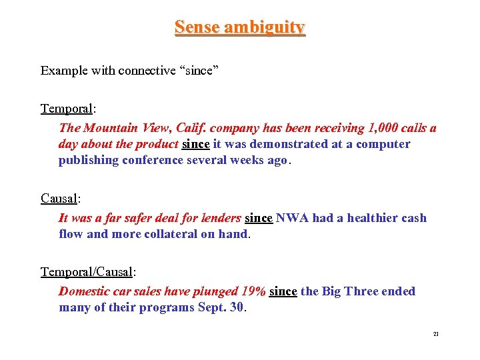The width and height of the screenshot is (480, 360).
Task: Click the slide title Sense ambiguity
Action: tap(239, 27)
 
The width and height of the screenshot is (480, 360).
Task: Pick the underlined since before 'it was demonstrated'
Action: tap(195, 144)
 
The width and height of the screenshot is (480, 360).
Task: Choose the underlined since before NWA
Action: tap(259, 218)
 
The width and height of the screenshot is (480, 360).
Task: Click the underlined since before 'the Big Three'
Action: tap(283, 291)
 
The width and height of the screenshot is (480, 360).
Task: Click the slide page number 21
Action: tap(436, 334)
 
